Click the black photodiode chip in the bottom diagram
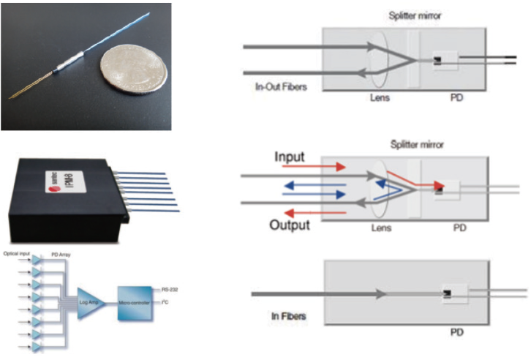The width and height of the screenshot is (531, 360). tap(447, 294)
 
